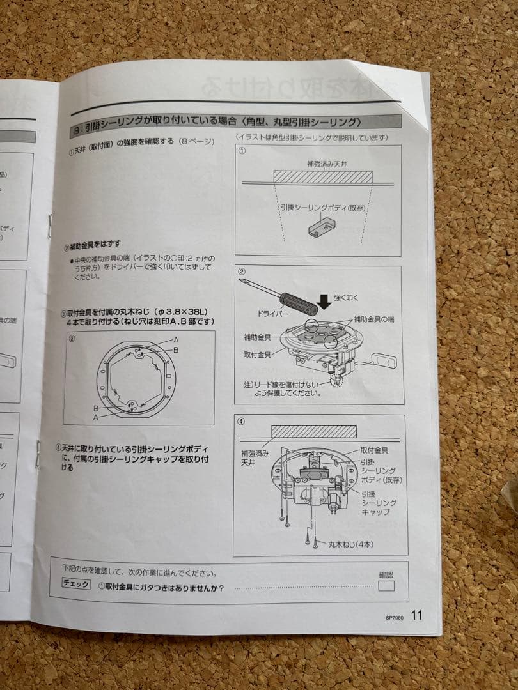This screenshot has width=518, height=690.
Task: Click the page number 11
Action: (416, 616)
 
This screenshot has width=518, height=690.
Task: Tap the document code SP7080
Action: (396, 618)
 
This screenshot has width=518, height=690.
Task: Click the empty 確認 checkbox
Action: (386, 586)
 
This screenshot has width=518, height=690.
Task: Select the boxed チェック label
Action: (76, 583)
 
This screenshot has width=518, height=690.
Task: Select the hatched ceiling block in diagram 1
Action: (323, 176)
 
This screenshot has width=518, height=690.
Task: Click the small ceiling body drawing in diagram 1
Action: (320, 226)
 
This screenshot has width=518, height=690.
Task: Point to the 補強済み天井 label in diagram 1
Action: (322, 165)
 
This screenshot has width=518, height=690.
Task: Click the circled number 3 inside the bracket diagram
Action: (72, 339)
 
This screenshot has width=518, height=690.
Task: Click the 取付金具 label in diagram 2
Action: (258, 353)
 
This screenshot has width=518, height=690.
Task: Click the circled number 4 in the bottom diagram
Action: (240, 422)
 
